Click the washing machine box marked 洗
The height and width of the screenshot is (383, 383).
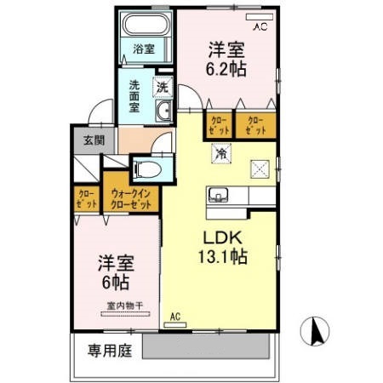162,85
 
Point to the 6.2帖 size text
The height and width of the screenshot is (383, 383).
228,70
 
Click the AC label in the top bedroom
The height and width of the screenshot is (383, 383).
259,26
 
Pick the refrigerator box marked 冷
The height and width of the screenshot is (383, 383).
220,155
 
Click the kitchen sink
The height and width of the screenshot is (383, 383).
218,195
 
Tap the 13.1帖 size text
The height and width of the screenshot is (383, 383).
224,256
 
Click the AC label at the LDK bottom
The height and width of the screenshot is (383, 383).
176,318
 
